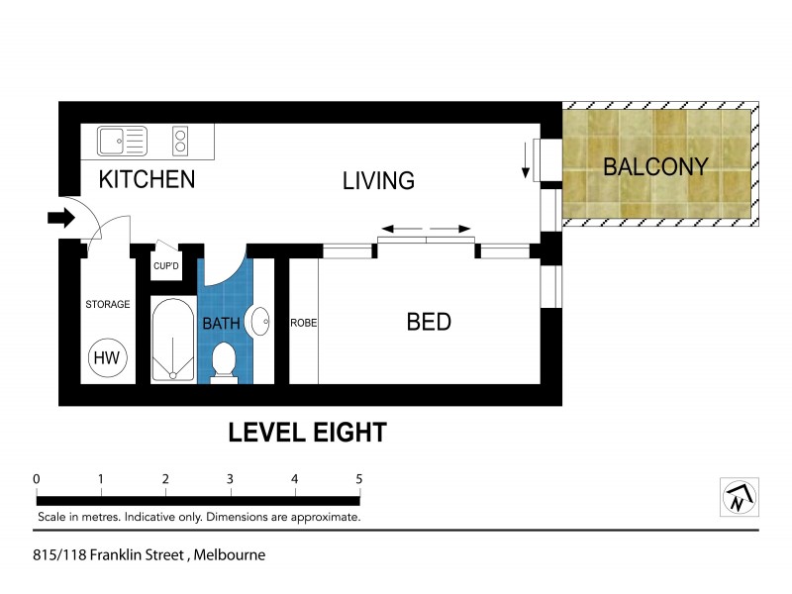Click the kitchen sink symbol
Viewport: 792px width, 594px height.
point(122,142)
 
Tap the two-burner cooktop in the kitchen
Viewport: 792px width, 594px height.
point(180,141)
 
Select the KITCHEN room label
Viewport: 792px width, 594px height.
point(147,180)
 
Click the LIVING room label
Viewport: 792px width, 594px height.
point(378,181)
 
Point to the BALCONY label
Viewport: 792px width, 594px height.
point(655,166)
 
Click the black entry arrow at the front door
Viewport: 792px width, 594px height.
point(60,218)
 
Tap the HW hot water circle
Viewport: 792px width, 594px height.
point(106,357)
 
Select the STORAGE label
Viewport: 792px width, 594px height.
point(107,304)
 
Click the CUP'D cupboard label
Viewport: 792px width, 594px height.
point(165,266)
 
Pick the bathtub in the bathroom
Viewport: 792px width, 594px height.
point(174,340)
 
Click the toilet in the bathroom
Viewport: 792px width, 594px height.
point(225,360)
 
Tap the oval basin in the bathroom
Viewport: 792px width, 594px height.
point(260,322)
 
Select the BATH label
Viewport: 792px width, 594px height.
point(220,324)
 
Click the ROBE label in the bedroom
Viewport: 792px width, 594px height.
point(303,323)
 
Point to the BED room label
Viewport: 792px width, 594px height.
point(429,322)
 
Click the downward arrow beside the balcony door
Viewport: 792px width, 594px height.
point(525,160)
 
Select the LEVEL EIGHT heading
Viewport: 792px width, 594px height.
point(307,433)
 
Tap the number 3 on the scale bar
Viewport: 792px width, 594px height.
point(230,479)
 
